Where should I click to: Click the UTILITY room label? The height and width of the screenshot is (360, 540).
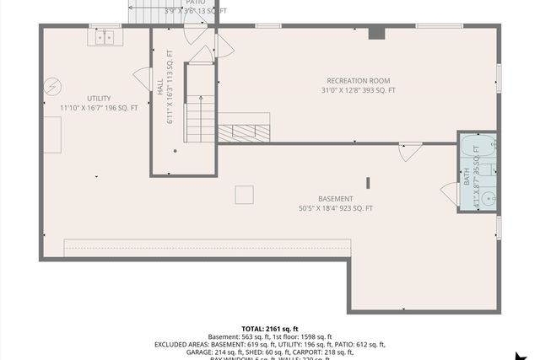[x=99, y=99]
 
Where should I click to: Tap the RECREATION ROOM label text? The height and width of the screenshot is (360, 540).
[x=358, y=81]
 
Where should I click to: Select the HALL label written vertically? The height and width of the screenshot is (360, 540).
[x=160, y=88]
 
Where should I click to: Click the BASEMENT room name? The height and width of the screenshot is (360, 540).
[x=336, y=199]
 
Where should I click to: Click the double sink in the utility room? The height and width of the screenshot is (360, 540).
[x=105, y=37]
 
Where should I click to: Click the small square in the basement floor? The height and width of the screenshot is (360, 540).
[x=245, y=195]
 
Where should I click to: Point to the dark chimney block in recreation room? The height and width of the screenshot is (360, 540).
[x=377, y=33]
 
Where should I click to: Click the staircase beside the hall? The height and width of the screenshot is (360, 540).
[x=201, y=110]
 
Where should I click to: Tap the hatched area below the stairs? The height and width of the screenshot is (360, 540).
[x=244, y=132]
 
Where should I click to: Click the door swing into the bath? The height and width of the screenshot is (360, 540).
[x=449, y=194]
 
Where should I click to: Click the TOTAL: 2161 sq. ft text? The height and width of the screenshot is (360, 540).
[x=270, y=329]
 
